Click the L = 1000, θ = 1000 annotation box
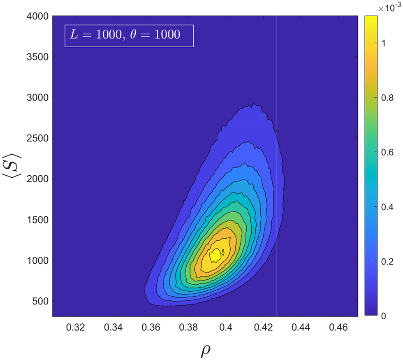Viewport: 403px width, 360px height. point(129,35)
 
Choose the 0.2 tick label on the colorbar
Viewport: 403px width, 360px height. point(387,261)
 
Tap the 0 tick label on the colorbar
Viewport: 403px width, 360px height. point(383,316)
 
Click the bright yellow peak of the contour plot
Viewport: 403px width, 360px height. point(215,255)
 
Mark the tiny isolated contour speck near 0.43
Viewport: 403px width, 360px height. point(278,132)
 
